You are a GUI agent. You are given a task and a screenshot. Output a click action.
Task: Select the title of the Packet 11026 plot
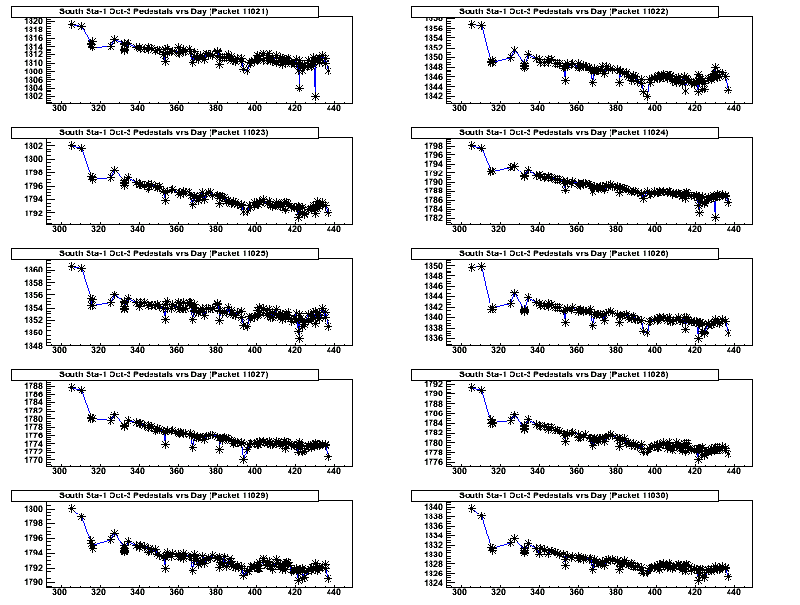click(569, 253)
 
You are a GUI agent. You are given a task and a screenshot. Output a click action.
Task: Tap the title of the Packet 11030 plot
click(569, 495)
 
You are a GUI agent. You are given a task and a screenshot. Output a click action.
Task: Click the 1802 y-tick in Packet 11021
click(30, 96)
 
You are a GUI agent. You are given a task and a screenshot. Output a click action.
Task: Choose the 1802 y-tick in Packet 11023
click(30, 146)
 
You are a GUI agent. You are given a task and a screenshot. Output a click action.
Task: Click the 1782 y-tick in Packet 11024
click(430, 218)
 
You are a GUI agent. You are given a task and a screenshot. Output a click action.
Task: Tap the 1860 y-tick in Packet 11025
click(30, 271)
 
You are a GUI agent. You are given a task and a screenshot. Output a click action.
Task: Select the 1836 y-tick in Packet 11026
click(430, 338)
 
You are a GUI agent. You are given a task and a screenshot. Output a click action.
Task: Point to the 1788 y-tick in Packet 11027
click(30, 386)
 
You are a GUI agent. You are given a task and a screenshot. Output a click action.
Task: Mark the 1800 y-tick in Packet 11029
click(30, 510)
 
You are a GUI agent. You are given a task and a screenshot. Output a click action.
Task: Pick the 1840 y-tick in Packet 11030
click(430, 507)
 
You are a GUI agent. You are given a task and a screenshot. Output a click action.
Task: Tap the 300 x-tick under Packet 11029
click(59, 591)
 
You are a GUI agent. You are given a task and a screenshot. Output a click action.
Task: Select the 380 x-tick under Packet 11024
click(615, 228)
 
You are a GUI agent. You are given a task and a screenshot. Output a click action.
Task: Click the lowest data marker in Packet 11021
click(315, 96)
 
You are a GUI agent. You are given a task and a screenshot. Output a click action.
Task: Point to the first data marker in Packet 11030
click(472, 508)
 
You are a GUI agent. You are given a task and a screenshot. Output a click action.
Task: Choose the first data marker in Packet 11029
click(72, 509)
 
